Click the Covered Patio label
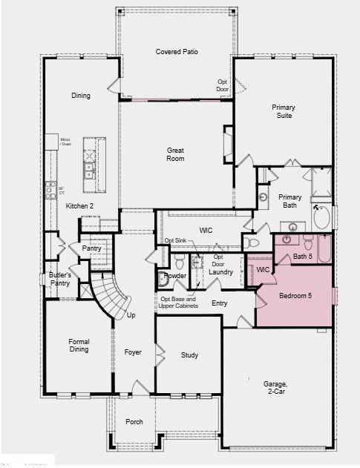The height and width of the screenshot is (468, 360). tap(175, 51)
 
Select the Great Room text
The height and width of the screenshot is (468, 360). tap(175, 154)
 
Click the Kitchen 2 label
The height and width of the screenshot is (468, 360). tap(79, 205)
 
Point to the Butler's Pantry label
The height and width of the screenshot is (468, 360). tap(60, 279)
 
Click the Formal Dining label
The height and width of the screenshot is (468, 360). tap(79, 346)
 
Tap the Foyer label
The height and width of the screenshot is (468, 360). tap(133, 352)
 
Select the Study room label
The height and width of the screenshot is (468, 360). tap(189, 355)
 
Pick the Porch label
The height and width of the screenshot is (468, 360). tap(134, 421)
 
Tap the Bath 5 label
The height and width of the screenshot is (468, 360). tap(302, 257)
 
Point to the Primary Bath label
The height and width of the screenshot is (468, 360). tap(290, 202)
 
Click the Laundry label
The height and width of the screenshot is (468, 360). tap(220, 272)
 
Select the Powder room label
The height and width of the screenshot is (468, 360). tap(175, 275)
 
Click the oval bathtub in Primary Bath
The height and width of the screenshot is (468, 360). tap(323, 218)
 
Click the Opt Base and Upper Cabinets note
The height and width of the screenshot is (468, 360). tap(179, 302)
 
